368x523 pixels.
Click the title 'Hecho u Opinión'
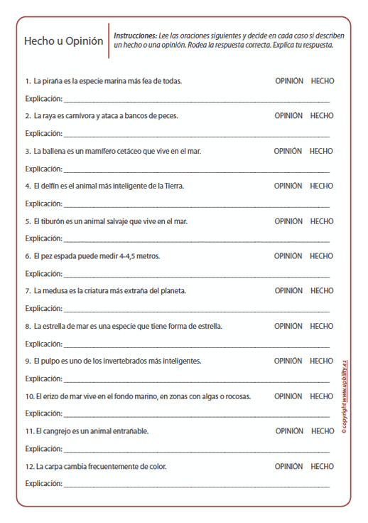pos(63,41)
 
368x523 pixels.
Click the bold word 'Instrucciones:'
pos(136,35)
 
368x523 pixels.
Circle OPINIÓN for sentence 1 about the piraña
pos(289,81)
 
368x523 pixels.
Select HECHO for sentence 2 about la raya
pos(322,116)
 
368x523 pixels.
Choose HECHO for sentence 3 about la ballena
pos(322,151)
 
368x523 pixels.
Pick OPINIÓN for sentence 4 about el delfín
pos(288,186)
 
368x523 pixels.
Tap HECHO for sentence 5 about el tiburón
pos(322,221)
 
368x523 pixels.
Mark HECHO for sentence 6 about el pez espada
pos(322,256)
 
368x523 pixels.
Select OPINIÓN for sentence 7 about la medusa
pos(288,291)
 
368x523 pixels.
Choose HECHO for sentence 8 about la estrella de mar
pos(322,326)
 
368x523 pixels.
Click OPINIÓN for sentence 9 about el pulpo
pos(288,361)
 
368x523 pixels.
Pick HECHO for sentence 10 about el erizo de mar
pos(322,396)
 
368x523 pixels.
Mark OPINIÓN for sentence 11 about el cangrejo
pos(289,431)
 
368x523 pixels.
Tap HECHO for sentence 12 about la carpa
pos(322,467)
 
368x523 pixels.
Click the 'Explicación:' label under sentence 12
pos(43,484)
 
